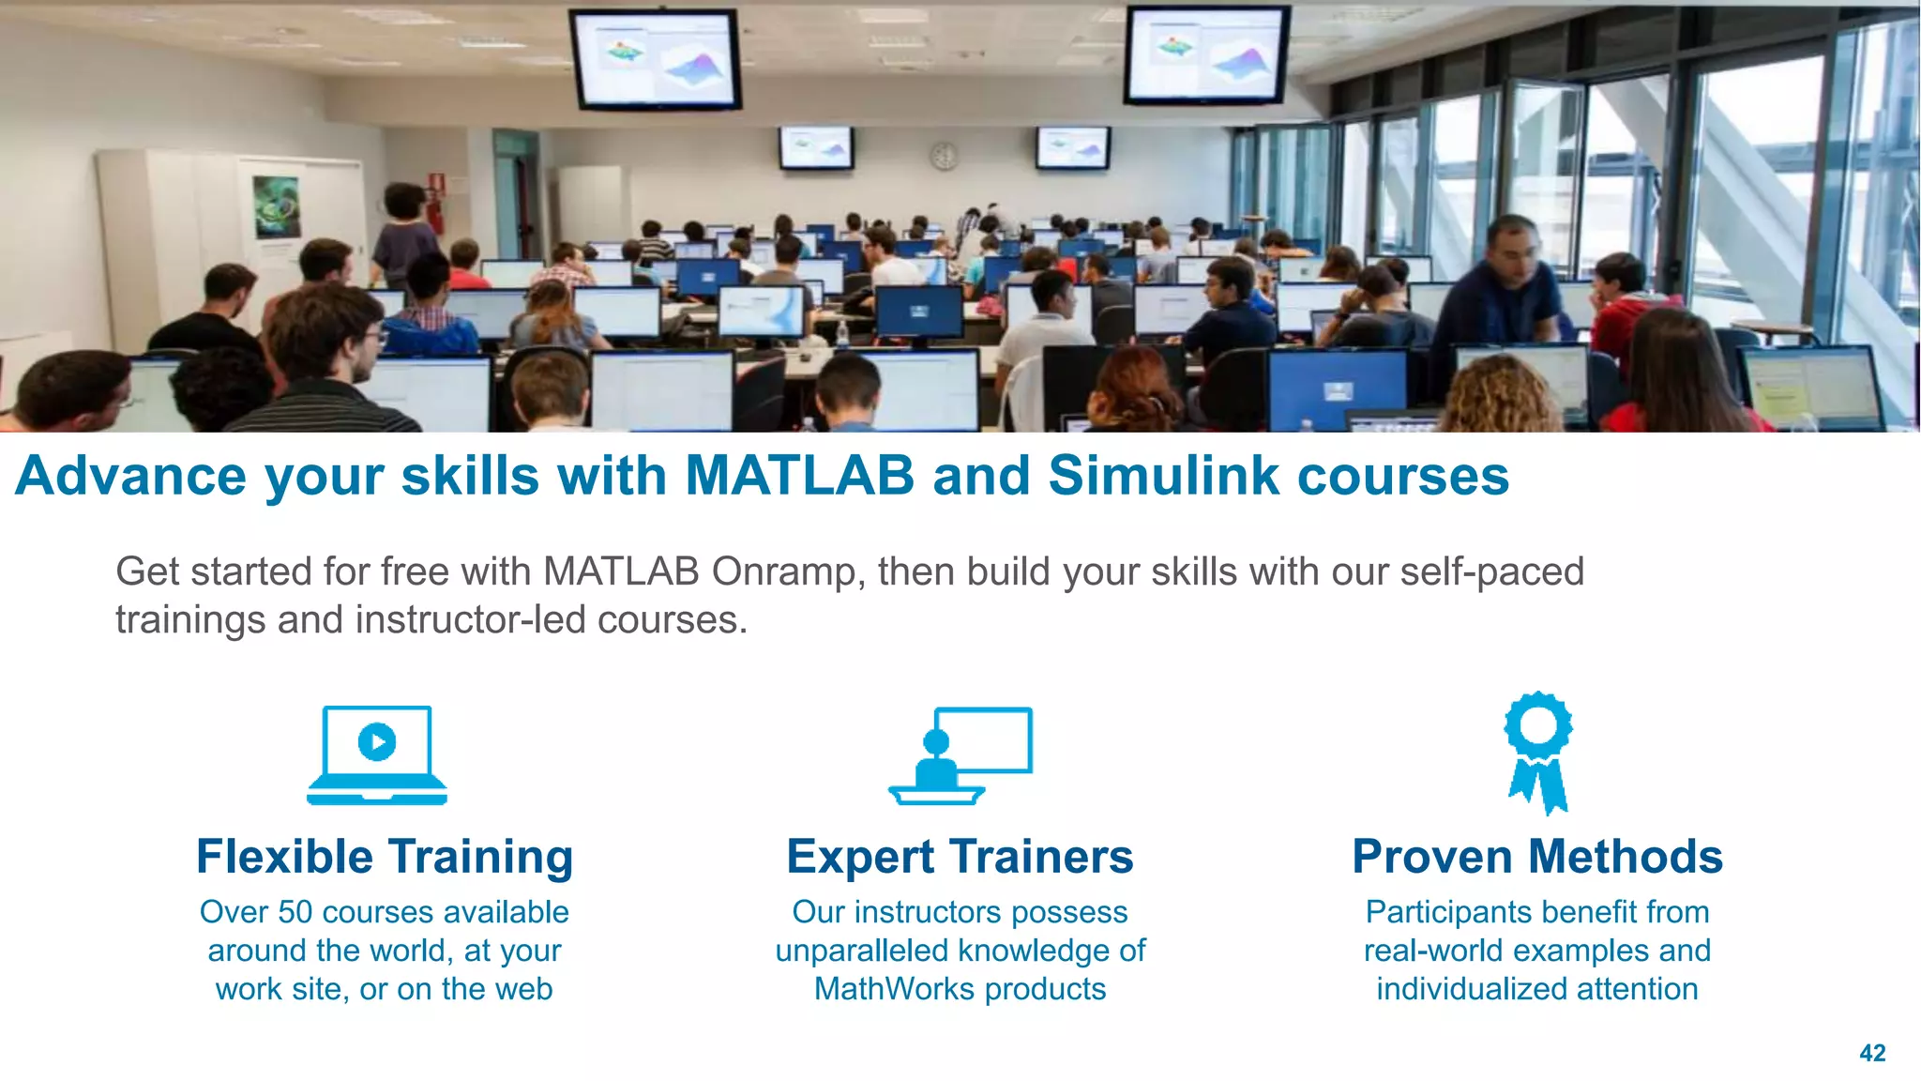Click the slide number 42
pos(1872,1053)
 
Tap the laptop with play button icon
pos(377,755)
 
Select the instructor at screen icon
pos(960,755)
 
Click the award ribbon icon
pos(1538,752)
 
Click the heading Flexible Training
pos(385,857)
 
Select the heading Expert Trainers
pos(960,857)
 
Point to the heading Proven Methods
pos(1537,857)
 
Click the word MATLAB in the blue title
pos(799,475)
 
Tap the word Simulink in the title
pos(1163,475)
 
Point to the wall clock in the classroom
pos(944,156)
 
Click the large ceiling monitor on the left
pos(656,58)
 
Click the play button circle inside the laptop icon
pos(377,742)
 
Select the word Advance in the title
pos(132,475)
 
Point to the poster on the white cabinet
pos(278,206)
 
